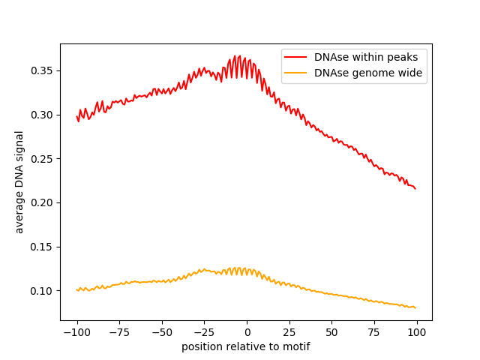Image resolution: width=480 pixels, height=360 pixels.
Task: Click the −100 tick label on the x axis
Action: coord(76,332)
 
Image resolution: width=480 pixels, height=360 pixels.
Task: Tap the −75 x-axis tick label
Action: coord(118,332)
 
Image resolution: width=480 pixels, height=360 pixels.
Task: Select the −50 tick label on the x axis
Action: coord(161,332)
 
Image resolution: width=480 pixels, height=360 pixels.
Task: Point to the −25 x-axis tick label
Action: coord(204,332)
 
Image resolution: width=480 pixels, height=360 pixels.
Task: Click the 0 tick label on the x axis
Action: coord(247,332)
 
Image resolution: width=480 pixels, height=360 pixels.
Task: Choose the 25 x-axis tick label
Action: coord(289,332)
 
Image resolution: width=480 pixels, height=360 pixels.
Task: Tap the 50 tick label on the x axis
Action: coord(332,332)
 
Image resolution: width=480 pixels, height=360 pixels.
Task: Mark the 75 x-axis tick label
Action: coord(374,332)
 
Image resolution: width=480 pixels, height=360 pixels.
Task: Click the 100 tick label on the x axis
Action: coord(417,332)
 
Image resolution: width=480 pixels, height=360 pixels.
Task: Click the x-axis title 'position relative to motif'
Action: coord(246,346)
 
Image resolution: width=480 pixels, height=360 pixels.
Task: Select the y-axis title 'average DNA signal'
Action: coord(19,181)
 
